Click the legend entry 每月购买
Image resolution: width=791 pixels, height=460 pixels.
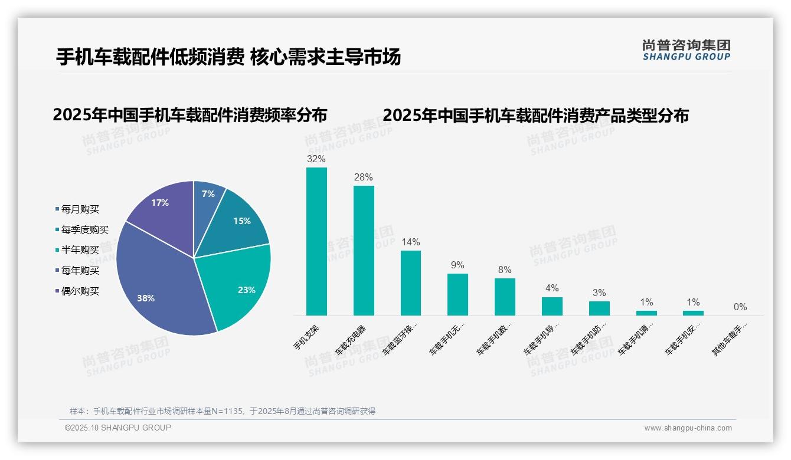pos(80,209)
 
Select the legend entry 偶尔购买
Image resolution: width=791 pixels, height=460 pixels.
pos(80,291)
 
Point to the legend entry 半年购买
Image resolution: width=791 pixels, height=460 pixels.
pos(80,250)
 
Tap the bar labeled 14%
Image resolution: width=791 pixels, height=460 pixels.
pos(411,283)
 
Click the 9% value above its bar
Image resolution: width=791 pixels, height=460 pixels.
pos(457,265)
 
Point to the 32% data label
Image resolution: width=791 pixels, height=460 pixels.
pos(316,159)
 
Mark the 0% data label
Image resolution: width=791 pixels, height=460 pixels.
pos(740,307)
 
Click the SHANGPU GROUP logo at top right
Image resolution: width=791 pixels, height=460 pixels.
pos(686,50)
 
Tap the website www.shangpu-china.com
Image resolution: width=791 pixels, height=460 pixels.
pos(688,428)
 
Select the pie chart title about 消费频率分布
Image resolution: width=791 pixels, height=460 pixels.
pos(189,115)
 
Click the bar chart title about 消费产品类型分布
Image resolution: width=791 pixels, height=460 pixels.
pos(535,115)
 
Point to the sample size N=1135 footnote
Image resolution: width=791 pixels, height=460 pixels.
pos(223,411)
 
